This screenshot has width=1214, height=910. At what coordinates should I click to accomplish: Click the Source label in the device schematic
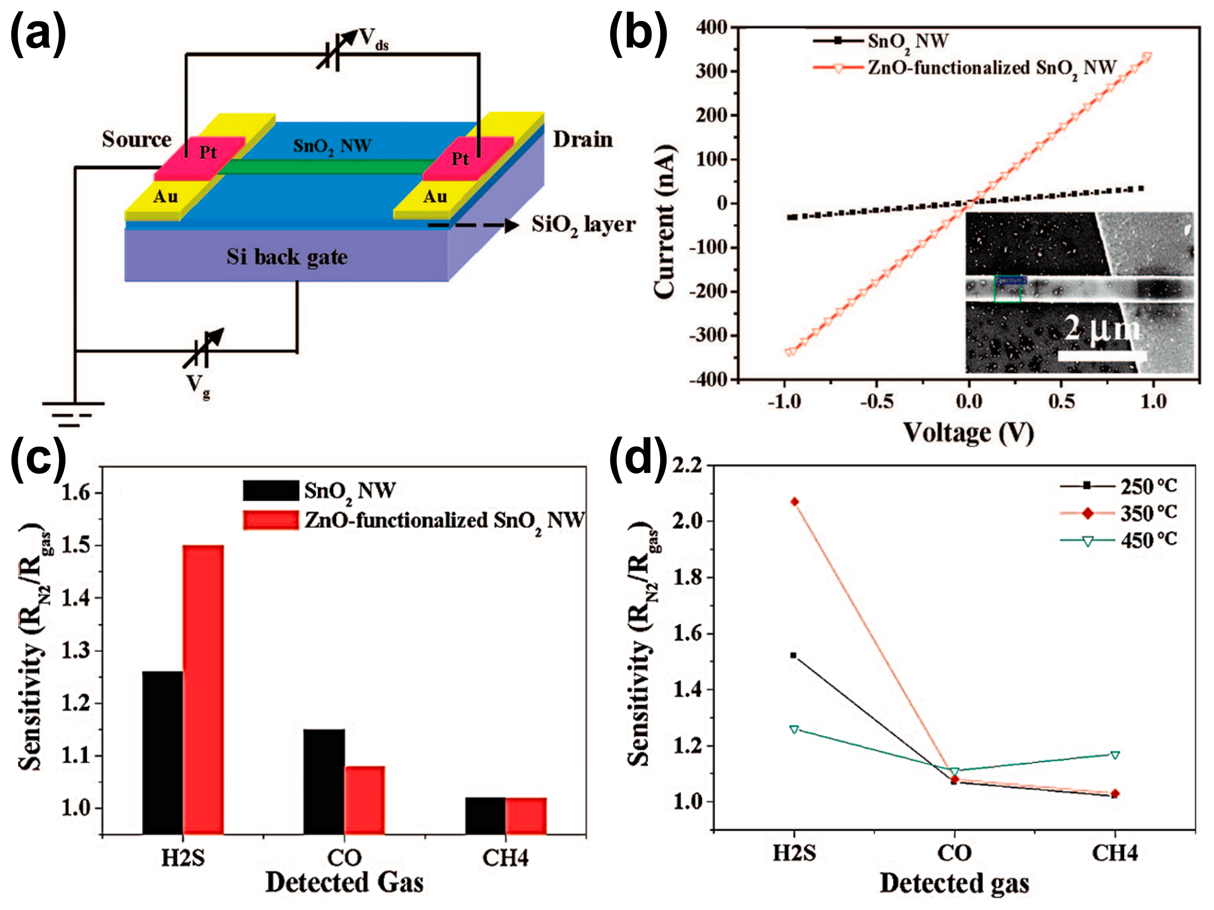136,139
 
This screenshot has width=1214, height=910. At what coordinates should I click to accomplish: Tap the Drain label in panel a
582,139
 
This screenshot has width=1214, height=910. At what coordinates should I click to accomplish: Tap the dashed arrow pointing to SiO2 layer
472,225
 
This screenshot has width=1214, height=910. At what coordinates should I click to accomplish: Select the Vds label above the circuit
373,40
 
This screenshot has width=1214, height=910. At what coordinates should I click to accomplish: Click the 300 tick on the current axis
712,71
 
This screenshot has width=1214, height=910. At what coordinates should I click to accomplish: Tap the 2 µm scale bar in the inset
1102,356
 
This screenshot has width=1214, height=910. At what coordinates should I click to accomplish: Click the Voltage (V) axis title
969,432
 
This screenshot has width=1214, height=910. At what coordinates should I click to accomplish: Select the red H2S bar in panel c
203,689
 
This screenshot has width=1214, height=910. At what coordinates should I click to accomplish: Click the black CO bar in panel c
324,782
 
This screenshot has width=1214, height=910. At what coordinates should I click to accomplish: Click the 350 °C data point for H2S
794,502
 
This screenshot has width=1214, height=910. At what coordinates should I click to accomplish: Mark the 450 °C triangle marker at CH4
1115,755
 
